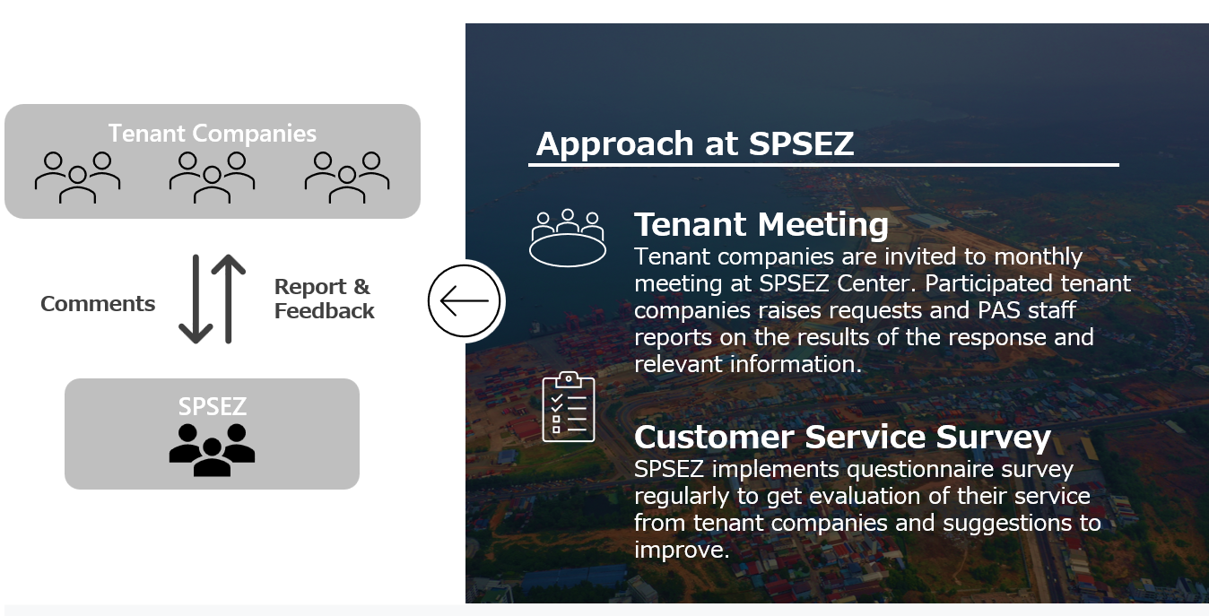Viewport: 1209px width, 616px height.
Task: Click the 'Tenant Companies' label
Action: (x=213, y=134)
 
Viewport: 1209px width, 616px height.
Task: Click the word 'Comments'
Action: (x=98, y=304)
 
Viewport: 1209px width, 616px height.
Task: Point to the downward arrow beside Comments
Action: (x=196, y=299)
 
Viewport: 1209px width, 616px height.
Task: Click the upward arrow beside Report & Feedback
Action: (x=229, y=299)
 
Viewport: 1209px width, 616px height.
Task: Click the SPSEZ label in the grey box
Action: (x=213, y=406)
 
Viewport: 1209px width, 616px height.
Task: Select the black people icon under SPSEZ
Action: (x=213, y=450)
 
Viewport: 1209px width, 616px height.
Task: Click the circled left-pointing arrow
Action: (x=465, y=300)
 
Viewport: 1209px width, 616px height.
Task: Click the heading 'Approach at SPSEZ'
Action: (x=695, y=143)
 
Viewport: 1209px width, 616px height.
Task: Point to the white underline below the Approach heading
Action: (x=823, y=164)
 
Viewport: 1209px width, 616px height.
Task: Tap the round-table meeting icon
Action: (x=567, y=238)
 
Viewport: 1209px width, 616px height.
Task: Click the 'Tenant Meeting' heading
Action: (x=761, y=224)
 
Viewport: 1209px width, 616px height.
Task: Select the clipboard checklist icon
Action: (x=569, y=407)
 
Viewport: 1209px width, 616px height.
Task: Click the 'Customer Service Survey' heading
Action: (x=842, y=437)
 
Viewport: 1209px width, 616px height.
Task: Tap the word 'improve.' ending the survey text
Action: (x=682, y=551)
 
